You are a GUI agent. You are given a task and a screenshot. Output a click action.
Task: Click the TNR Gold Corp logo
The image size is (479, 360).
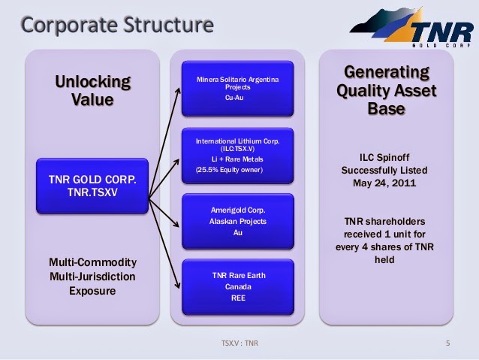(411, 28)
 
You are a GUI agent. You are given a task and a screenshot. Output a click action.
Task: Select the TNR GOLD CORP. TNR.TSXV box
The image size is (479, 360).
(92, 186)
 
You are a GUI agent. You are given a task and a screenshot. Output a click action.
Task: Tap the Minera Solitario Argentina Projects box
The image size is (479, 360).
(238, 89)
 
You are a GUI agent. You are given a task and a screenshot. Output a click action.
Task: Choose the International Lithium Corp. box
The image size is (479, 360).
(238, 156)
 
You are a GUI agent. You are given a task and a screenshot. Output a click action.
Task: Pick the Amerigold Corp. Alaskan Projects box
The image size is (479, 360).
(238, 222)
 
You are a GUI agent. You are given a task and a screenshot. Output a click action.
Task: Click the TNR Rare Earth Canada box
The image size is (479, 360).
(238, 287)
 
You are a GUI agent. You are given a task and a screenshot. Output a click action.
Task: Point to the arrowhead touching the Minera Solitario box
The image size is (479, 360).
(178, 90)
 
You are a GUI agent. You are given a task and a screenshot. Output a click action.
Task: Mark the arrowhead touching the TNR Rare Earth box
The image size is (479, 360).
(177, 286)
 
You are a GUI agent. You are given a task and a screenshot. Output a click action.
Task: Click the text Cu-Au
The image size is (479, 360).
(234, 98)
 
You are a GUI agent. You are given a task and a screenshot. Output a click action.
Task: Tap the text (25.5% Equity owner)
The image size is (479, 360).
(229, 170)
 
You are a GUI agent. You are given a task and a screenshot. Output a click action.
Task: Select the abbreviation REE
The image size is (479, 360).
(238, 298)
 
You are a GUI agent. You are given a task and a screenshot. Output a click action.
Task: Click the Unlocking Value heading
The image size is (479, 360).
(92, 91)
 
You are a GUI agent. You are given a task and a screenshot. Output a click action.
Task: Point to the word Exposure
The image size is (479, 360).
(92, 291)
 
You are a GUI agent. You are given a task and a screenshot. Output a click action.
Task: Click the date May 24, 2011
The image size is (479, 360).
(384, 183)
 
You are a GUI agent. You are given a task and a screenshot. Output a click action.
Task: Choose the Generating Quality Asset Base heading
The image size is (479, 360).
(387, 90)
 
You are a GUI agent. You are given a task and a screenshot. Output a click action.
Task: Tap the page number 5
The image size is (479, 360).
(447, 343)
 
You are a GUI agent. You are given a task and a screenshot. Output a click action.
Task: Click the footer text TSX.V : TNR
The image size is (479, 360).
(239, 343)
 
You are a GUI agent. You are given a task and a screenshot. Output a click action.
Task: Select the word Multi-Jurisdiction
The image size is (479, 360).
(92, 277)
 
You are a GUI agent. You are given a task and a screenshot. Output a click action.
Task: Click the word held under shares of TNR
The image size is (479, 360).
(384, 260)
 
